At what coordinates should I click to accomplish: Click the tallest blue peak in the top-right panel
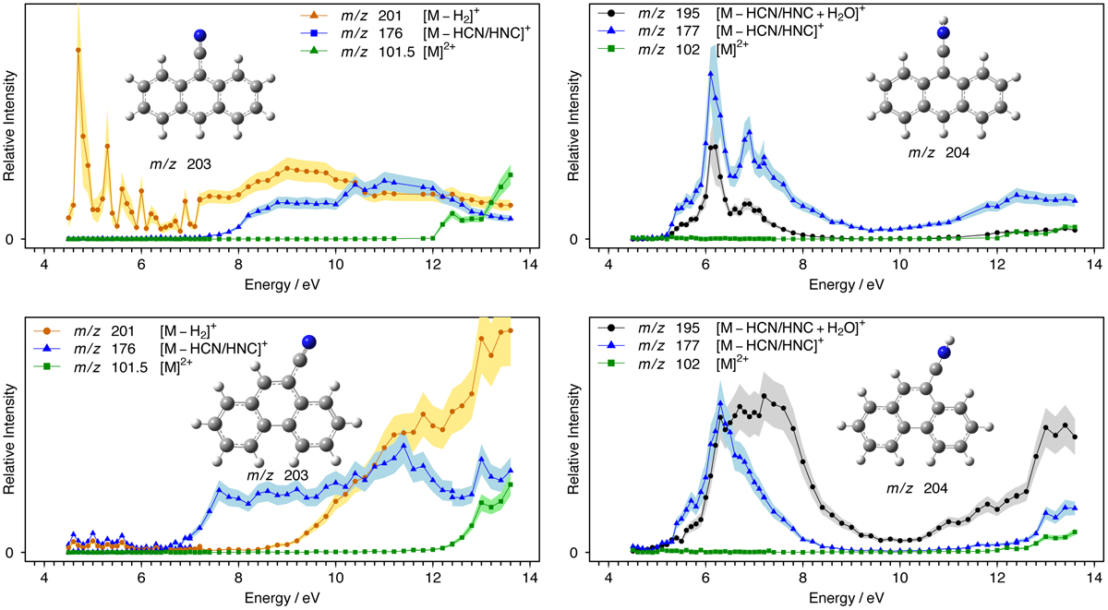click(x=711, y=78)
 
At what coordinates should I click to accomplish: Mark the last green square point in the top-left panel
click(x=511, y=175)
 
